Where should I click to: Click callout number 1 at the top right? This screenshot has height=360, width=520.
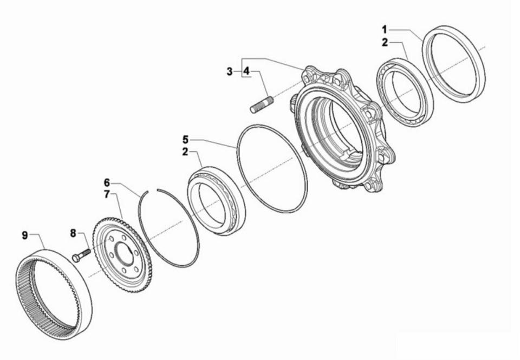385,28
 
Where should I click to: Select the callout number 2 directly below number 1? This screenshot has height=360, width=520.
385,43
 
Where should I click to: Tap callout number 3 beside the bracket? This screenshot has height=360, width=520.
230,71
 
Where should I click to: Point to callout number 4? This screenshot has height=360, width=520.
246,71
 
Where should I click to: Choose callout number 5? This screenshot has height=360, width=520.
185,139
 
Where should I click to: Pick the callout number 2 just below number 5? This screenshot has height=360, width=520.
185,152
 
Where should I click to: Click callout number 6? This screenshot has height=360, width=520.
107,182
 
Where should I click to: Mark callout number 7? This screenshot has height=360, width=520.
107,194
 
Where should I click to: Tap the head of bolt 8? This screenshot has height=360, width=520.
75,259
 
